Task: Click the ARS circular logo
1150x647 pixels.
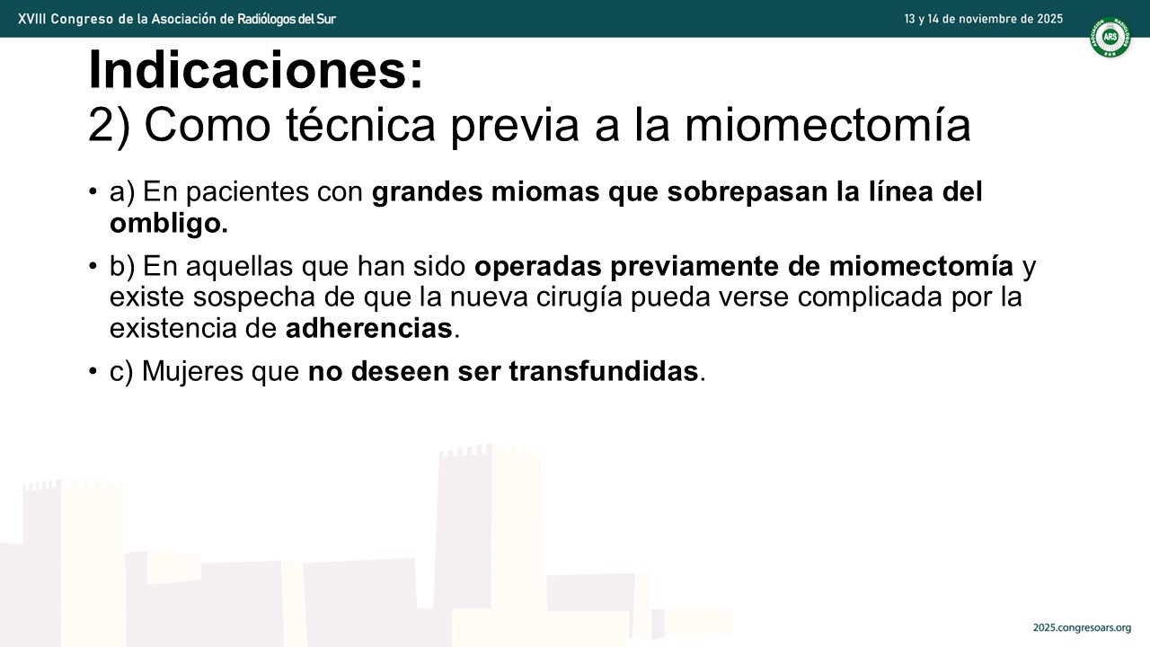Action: point(1110,37)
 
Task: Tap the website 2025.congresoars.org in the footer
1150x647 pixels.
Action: point(1083,627)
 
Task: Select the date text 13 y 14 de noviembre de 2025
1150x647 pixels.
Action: point(984,19)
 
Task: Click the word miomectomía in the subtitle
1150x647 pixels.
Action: point(827,125)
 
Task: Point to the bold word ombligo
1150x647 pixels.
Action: point(169,223)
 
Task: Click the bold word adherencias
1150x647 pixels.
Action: point(369,328)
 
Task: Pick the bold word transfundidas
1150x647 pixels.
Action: point(604,371)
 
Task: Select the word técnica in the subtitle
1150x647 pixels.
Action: point(360,125)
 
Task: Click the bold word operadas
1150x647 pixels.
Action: point(538,267)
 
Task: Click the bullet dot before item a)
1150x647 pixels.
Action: point(93,192)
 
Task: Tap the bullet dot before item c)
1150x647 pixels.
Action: point(93,370)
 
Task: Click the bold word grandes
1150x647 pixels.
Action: point(427,192)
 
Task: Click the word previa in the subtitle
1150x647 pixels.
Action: point(515,125)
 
